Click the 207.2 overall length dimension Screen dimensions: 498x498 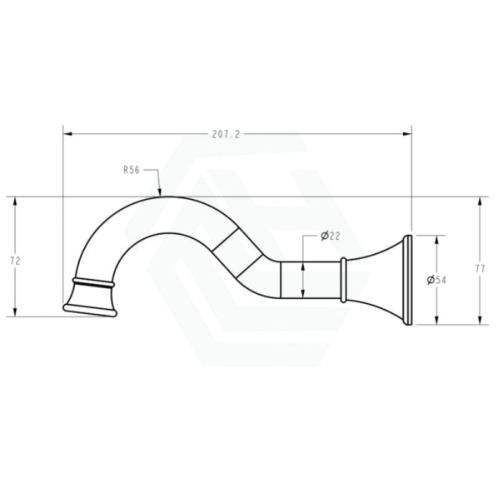click(226, 134)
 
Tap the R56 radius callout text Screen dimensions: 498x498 click(131, 170)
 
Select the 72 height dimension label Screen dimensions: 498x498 click(15, 261)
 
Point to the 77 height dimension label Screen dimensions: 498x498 click(480, 270)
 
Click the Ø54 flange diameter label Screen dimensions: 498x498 click(437, 280)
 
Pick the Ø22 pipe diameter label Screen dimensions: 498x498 click(331, 236)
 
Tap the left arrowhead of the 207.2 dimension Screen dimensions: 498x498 click(68, 134)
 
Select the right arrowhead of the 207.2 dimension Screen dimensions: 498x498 click(407, 134)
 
